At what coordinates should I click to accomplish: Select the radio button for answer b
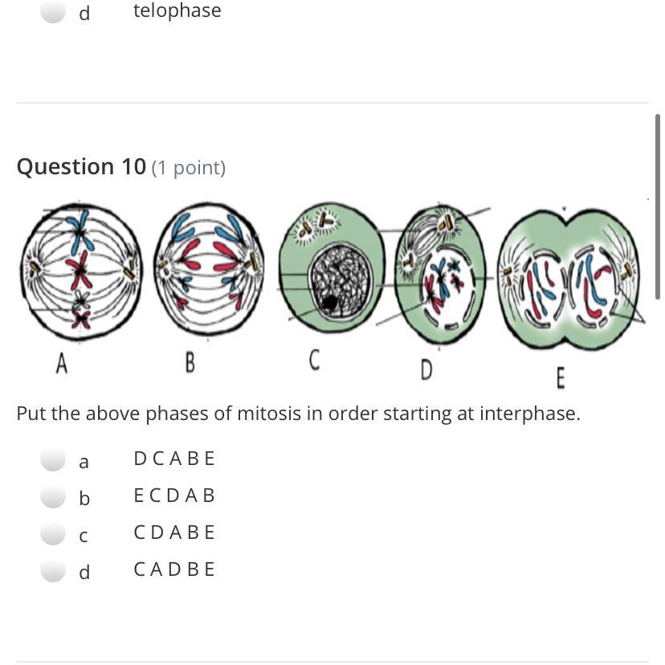[53, 496]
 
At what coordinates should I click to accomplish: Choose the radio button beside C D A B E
[53, 532]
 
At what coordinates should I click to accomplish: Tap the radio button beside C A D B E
[53, 569]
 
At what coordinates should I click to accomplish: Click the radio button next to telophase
[53, 10]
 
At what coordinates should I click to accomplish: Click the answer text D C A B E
[174, 459]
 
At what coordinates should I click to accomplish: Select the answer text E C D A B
[174, 496]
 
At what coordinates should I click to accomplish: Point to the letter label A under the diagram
[62, 364]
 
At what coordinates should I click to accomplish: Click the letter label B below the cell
[190, 363]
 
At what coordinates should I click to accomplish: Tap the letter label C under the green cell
[314, 360]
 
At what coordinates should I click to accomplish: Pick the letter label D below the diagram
[426, 369]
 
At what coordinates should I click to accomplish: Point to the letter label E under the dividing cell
[561, 378]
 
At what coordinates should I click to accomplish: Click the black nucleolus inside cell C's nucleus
[329, 303]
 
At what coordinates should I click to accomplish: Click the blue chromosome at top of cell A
[82, 231]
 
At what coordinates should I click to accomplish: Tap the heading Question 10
[81, 166]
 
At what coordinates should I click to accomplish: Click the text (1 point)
[188, 168]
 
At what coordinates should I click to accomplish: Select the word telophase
[177, 10]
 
